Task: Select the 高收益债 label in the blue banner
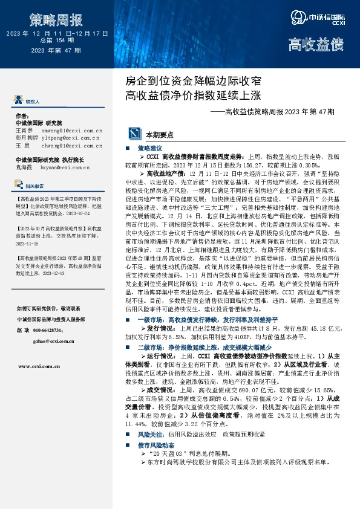[x=315, y=45]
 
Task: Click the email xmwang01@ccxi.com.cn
[x=71, y=130]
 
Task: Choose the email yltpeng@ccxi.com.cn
[x=71, y=138]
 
